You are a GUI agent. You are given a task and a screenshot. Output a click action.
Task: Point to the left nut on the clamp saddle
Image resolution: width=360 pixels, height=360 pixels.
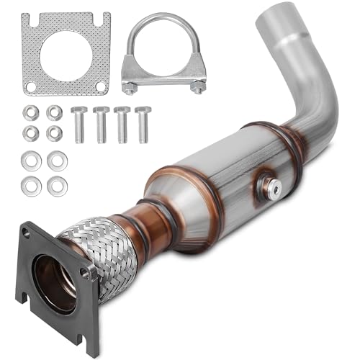[x=129, y=88]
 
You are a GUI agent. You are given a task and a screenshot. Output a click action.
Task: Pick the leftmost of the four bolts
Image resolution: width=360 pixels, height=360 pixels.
[x=78, y=125]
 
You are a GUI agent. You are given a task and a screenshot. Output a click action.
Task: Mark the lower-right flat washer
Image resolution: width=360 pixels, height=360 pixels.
[x=55, y=185]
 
